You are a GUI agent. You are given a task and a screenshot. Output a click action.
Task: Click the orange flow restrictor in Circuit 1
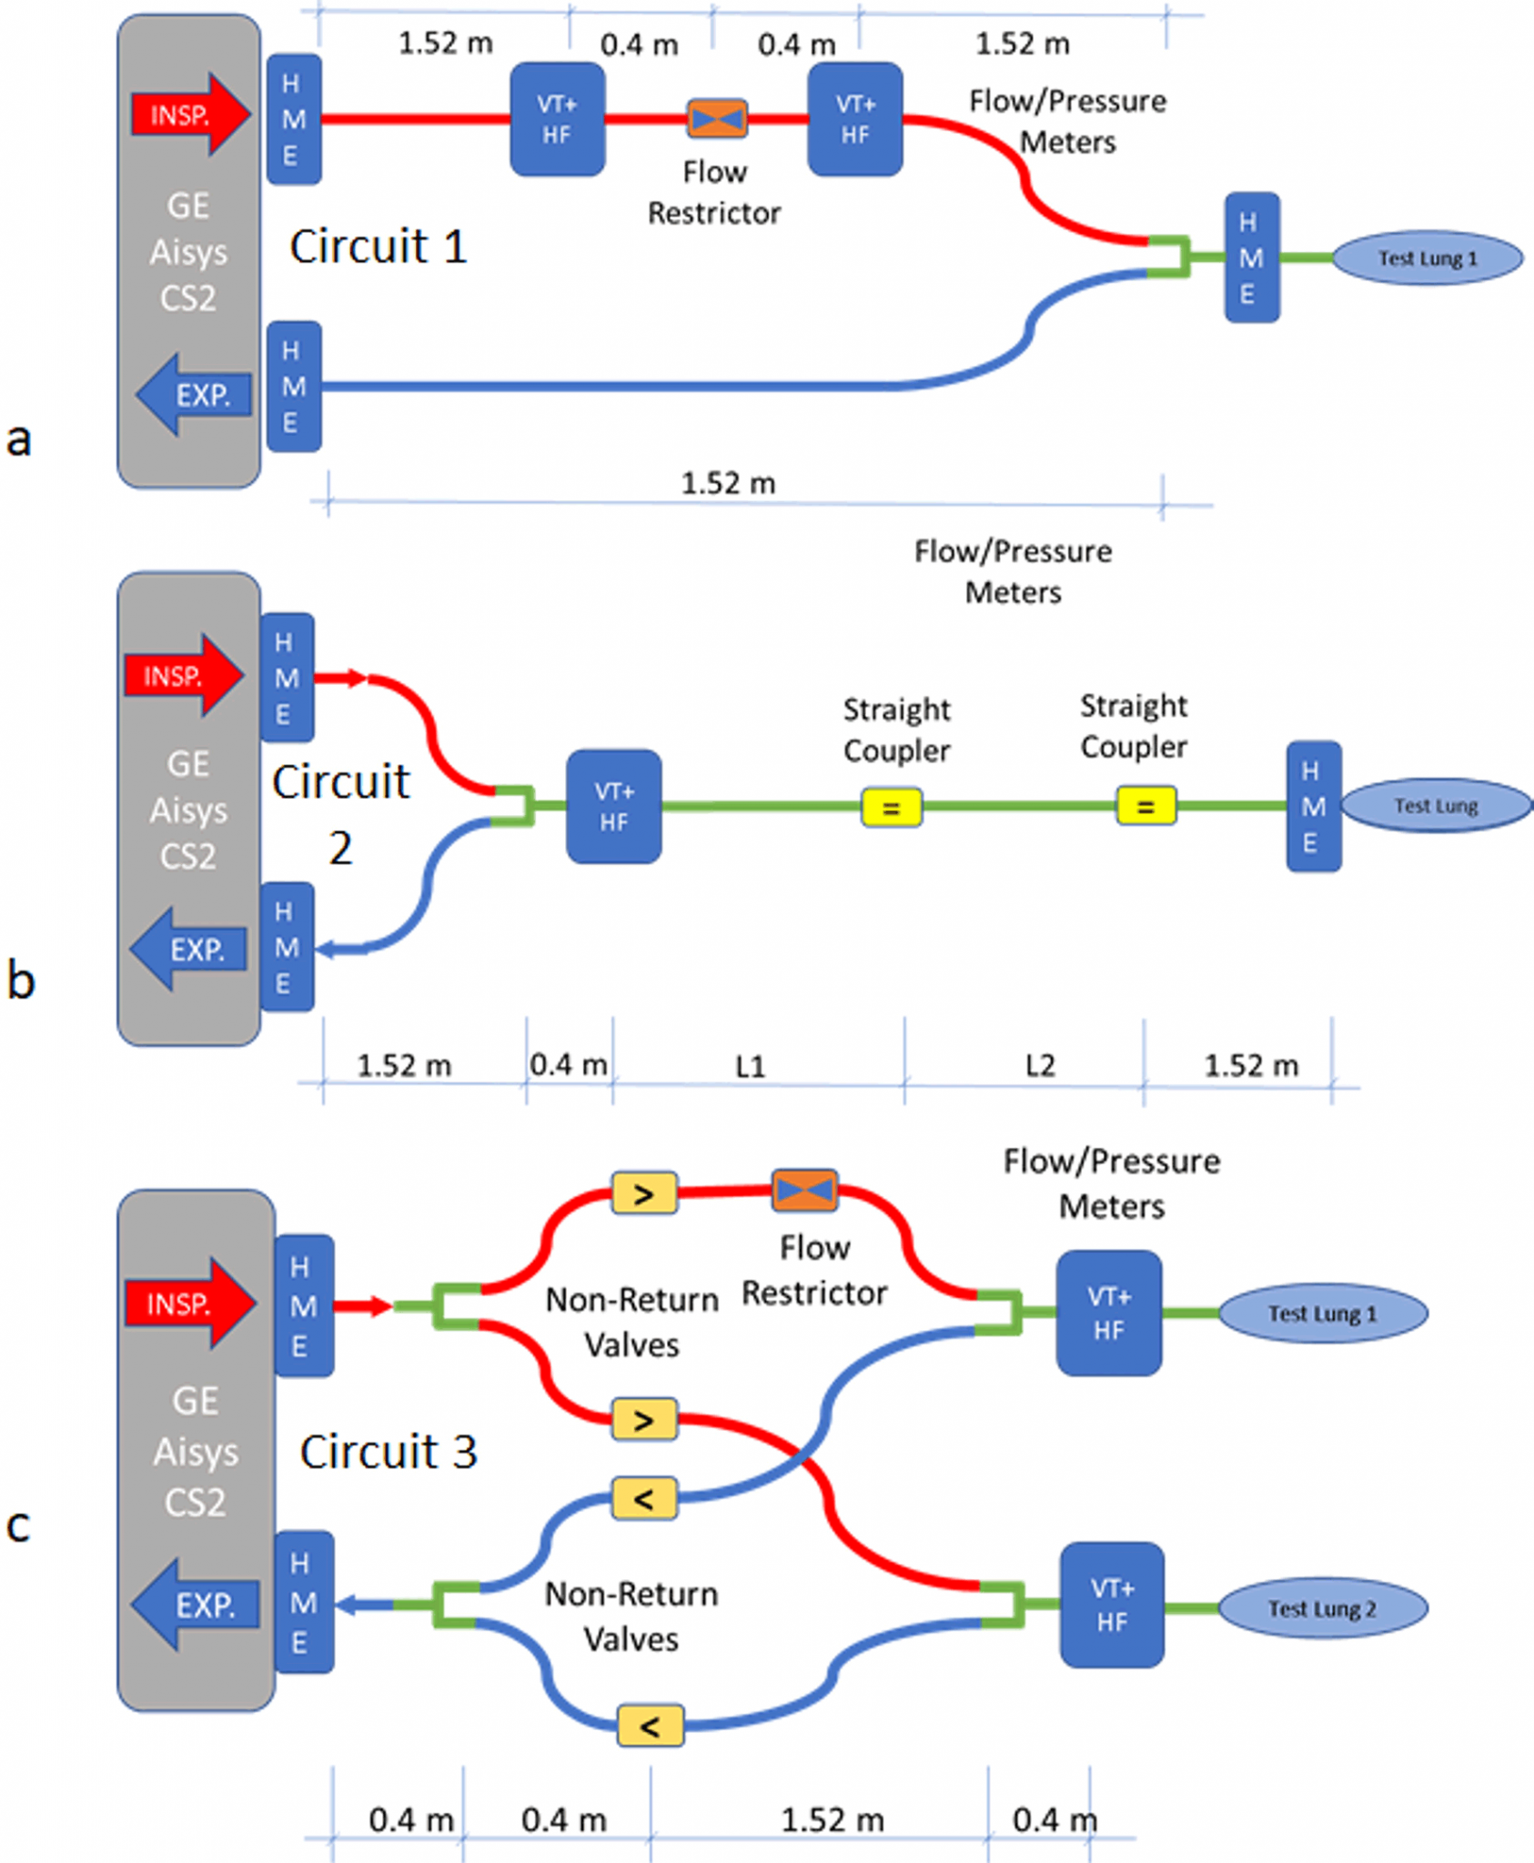(717, 118)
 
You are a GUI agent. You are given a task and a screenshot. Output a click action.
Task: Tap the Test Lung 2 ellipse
(1322, 1608)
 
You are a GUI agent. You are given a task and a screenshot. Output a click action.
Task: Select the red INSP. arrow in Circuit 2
(183, 676)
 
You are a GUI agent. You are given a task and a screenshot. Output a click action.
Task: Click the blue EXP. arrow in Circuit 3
(197, 1604)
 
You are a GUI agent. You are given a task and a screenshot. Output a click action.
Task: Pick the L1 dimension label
(751, 1066)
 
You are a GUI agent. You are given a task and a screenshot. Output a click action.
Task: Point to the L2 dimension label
(1040, 1065)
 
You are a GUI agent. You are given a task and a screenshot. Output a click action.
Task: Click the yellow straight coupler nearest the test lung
(1145, 806)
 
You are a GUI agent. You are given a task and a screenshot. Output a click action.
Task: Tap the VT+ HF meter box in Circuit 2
(613, 806)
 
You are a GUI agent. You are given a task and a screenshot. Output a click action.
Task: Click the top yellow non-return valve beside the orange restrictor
(643, 1193)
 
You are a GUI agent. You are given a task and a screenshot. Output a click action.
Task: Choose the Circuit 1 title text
(378, 247)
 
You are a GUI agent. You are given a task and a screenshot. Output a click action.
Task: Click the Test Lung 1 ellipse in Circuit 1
(1427, 258)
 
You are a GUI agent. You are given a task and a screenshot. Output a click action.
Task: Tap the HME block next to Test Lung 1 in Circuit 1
(1252, 257)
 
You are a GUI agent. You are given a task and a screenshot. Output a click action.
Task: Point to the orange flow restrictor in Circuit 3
(804, 1190)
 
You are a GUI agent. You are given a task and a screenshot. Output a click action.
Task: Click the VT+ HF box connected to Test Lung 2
(1112, 1605)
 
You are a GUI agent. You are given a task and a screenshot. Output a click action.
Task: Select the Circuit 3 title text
(389, 1451)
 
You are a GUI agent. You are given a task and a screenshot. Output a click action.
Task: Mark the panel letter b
(21, 981)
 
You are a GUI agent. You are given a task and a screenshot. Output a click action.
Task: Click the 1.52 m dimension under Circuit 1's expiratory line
(728, 483)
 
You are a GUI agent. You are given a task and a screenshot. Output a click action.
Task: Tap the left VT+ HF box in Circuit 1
(557, 119)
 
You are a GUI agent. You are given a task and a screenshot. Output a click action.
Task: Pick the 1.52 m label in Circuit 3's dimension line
(832, 1819)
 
